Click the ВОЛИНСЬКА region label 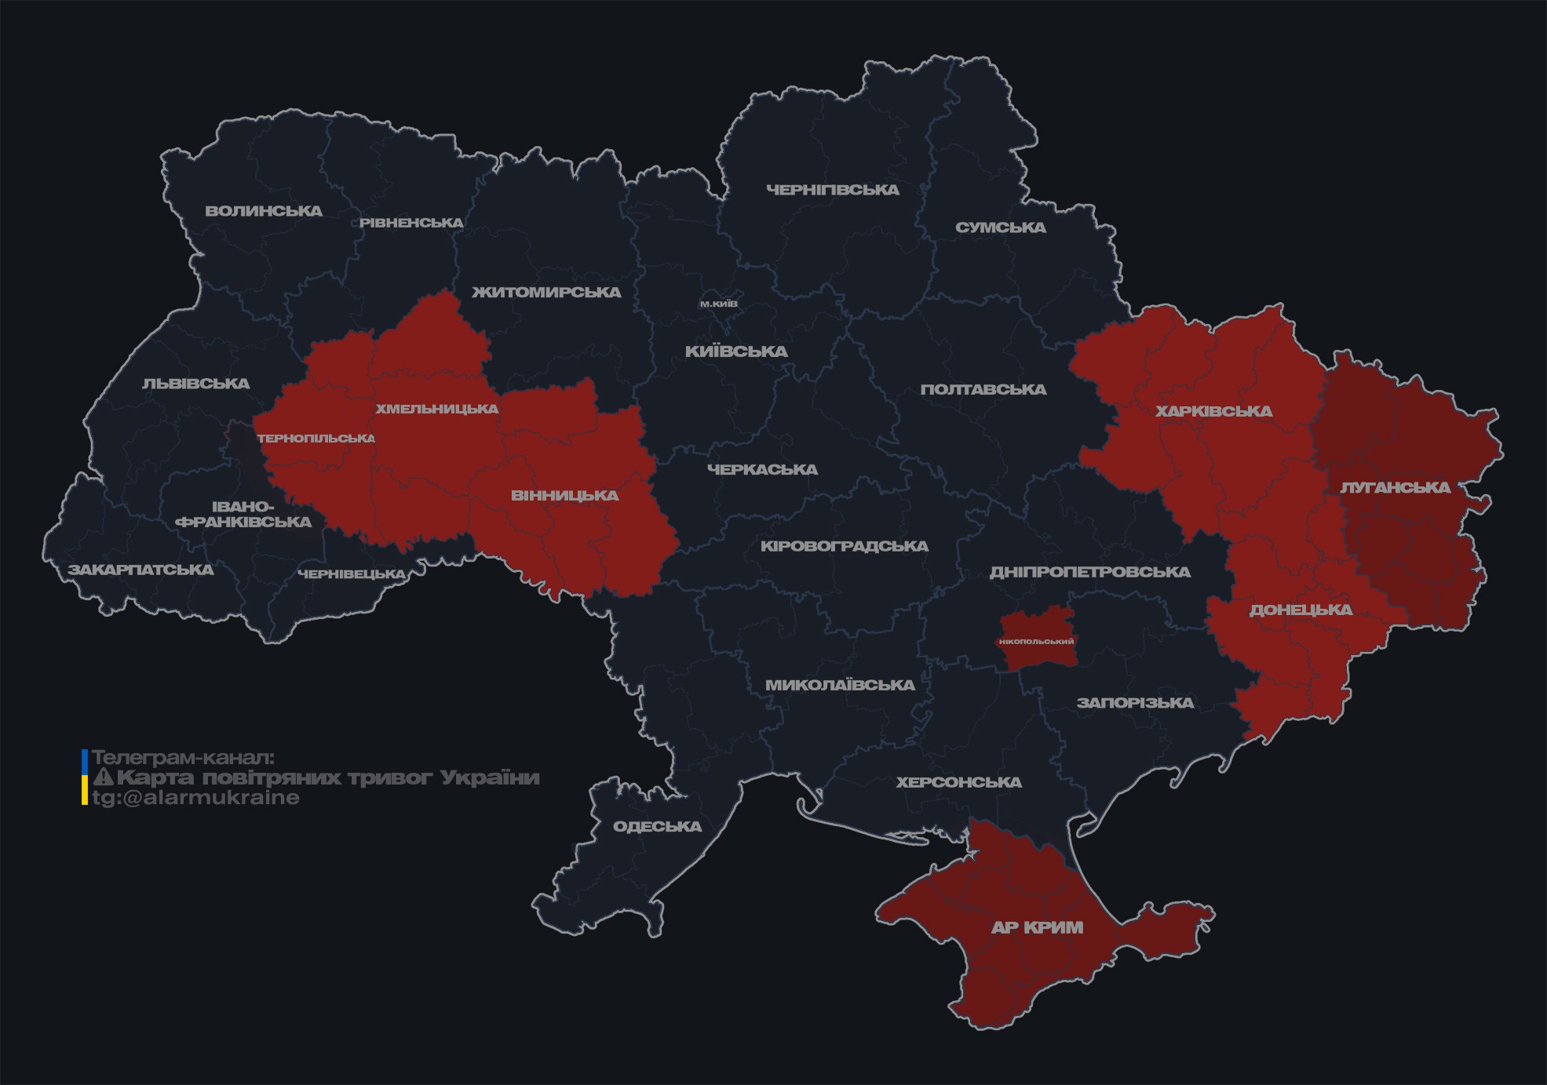pos(263,211)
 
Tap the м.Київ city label pos(718,304)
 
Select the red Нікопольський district pos(1036,641)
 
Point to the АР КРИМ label pos(1037,927)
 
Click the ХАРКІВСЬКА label pos(1213,411)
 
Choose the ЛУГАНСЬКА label pos(1395,488)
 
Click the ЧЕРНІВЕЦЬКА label pos(352,574)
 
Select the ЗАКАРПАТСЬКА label pos(140,570)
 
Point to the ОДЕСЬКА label pos(657,827)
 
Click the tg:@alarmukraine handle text pos(195,798)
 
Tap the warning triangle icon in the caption pos(103,778)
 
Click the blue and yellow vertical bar pos(85,777)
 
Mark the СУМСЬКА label pos(1000,228)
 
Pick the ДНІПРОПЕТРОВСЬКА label pos(1089,572)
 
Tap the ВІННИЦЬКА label pos(564,496)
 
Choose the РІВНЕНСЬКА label pos(411,223)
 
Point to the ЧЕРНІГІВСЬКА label pos(832,190)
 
